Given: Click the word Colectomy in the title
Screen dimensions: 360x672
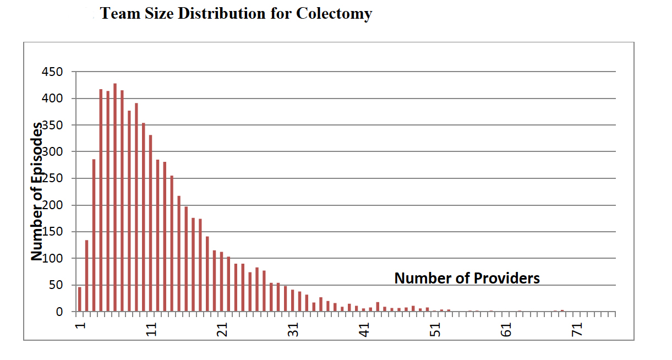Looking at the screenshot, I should click(334, 13).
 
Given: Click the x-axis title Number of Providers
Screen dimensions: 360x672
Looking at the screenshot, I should click(467, 278).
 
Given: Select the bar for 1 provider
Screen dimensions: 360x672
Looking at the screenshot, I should click(80, 299).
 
